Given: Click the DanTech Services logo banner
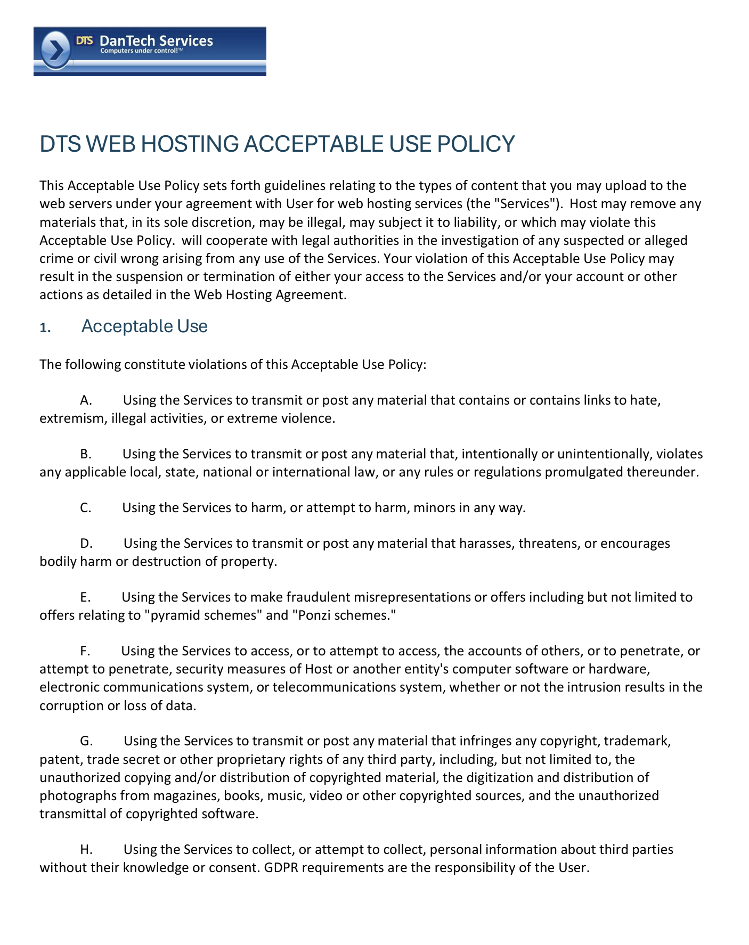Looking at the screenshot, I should click(x=150, y=51).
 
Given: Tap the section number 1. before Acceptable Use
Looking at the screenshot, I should click(x=45, y=328).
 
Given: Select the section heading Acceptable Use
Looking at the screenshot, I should click(x=144, y=326).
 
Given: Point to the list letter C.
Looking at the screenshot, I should click(x=86, y=508).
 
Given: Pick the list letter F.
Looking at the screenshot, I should click(x=85, y=651).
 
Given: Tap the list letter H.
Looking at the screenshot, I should click(x=86, y=850).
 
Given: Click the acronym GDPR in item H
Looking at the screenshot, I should click(x=282, y=868).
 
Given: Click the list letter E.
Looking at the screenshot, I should click(x=85, y=597).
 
